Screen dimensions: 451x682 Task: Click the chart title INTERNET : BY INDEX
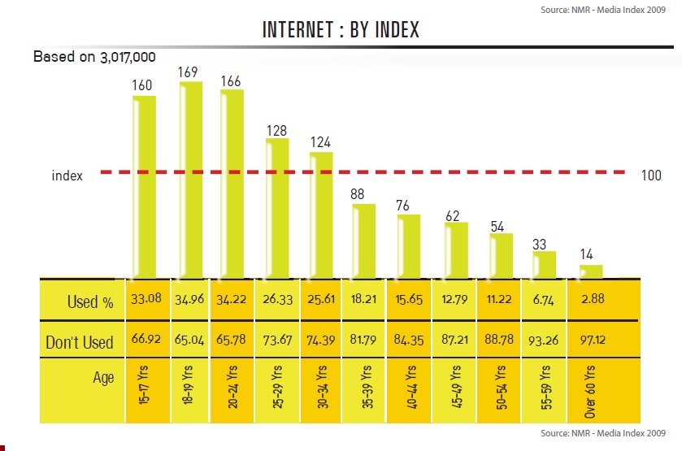tap(341, 31)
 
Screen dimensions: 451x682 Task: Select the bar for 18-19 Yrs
tap(190, 179)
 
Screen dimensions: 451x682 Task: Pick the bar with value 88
tap(363, 240)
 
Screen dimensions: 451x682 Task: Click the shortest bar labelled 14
tap(591, 271)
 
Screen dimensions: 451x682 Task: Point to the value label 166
tap(232, 81)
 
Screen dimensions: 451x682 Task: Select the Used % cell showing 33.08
tap(146, 300)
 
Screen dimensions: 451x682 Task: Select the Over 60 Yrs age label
tap(591, 391)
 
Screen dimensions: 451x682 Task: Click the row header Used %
tap(90, 303)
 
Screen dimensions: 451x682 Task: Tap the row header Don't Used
tap(80, 343)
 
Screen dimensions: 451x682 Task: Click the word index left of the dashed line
tap(67, 176)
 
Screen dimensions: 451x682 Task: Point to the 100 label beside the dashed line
tap(652, 175)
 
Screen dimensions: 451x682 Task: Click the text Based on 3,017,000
tap(94, 57)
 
